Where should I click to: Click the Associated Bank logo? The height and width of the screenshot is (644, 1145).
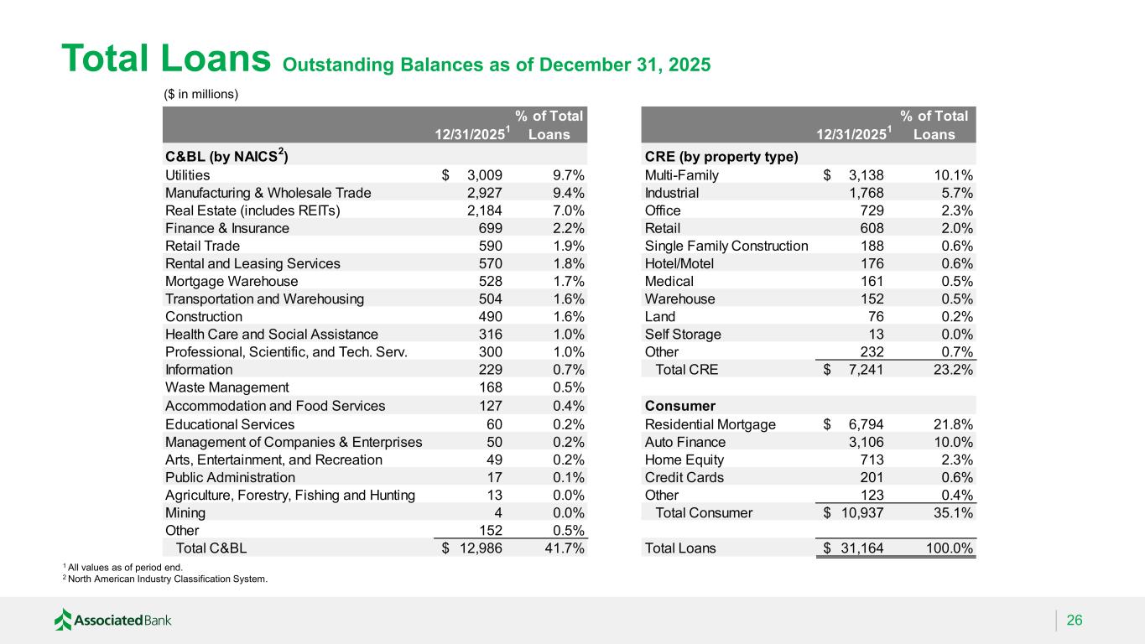pos(112,621)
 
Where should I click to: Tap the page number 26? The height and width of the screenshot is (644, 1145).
pos(1075,621)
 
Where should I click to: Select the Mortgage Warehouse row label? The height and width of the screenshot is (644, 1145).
pos(232,281)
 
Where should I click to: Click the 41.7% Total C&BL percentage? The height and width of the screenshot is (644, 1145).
pos(564,548)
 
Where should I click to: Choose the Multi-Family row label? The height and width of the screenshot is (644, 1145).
pos(682,175)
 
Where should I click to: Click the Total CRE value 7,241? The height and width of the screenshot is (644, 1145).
pos(861,369)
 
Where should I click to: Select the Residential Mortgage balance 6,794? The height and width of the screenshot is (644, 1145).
pos(861,424)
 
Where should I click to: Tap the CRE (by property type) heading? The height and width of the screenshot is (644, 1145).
pos(721,157)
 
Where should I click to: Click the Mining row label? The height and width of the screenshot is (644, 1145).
pos(185,512)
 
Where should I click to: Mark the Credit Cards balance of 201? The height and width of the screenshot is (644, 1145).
pos(871,477)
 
